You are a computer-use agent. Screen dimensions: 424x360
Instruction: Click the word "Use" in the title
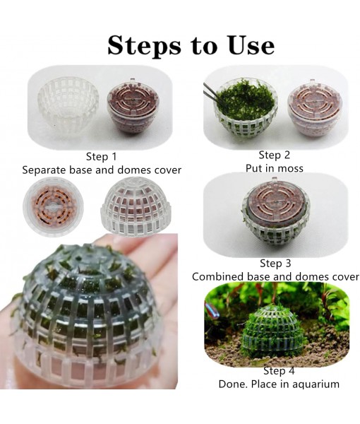[246, 45]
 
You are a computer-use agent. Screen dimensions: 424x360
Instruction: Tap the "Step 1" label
[102, 157]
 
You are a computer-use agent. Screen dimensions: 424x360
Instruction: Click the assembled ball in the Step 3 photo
[274, 215]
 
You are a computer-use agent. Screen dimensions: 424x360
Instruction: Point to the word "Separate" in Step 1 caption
[47, 170]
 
